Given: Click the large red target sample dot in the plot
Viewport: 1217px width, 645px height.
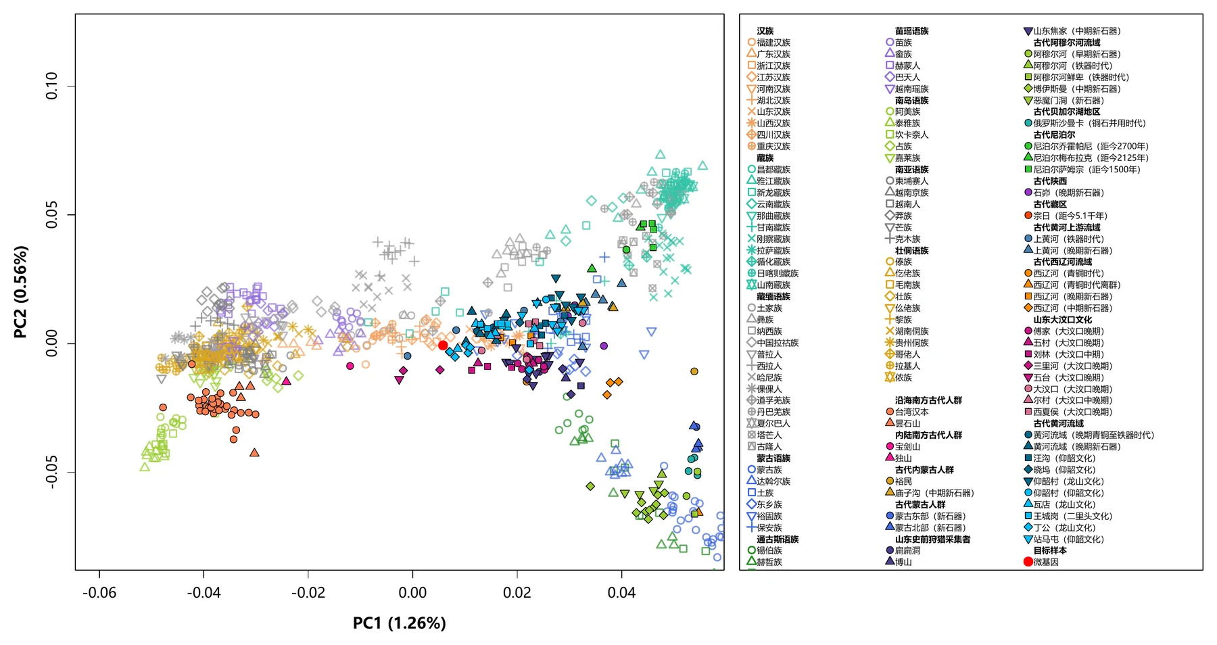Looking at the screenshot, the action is pyautogui.click(x=443, y=345).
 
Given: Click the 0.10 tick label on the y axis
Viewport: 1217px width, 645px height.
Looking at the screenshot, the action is pyautogui.click(x=52, y=86).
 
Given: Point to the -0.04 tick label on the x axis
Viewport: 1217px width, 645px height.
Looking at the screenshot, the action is pyautogui.click(x=204, y=593).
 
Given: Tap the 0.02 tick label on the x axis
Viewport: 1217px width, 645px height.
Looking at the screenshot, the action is pyautogui.click(x=517, y=593).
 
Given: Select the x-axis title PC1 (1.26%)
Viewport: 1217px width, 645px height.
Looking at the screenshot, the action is pyautogui.click(x=400, y=623).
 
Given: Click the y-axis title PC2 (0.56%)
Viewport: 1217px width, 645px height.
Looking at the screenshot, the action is pyautogui.click(x=21, y=292).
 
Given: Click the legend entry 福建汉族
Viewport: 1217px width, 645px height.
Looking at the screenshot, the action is pyautogui.click(x=769, y=43).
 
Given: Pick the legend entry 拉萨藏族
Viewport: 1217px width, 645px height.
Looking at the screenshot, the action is pyautogui.click(x=769, y=250).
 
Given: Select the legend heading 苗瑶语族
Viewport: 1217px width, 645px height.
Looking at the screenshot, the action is pyautogui.click(x=911, y=31).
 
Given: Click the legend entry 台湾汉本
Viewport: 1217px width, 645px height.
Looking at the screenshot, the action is pyautogui.click(x=907, y=412).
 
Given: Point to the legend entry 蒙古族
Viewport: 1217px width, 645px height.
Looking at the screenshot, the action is pyautogui.click(x=765, y=470).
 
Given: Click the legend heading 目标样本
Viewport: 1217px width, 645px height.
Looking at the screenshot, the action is pyautogui.click(x=1050, y=550).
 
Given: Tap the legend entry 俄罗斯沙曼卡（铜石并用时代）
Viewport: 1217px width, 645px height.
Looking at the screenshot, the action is pyautogui.click(x=1084, y=123).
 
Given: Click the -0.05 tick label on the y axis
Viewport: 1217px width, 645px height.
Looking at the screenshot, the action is pyautogui.click(x=52, y=472).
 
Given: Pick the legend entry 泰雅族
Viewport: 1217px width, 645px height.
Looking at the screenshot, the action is pyautogui.click(x=903, y=123).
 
